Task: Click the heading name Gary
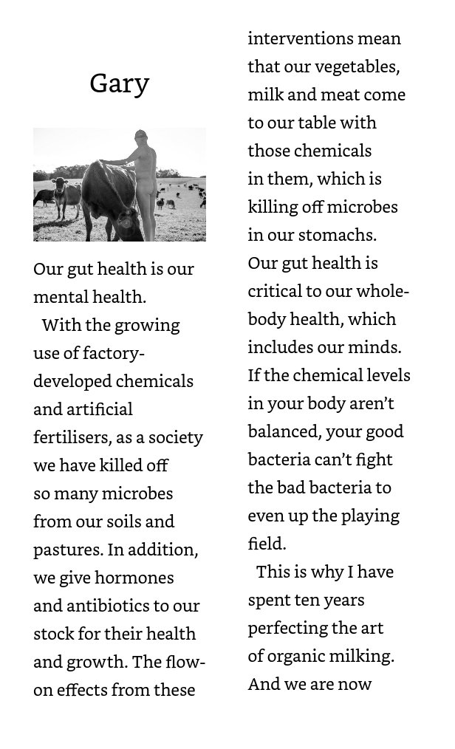coord(119,83)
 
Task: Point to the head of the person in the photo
coord(140,137)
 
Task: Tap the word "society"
coord(175,437)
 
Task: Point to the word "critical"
coord(275,291)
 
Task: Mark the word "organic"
coord(299,657)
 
